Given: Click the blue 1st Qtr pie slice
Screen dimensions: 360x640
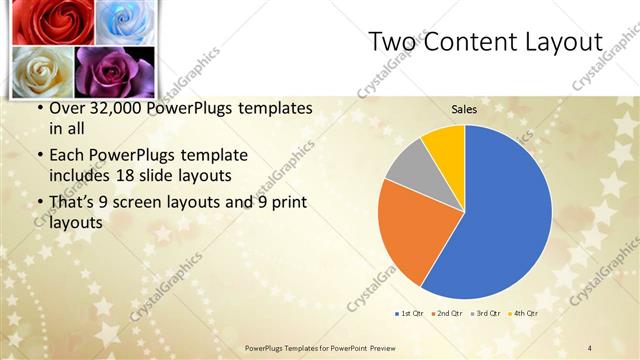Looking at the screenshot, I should coord(500,220).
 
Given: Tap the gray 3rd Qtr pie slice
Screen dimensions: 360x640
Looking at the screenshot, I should coord(407,165).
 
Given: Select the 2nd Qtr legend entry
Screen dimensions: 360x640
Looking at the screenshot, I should coord(446,314).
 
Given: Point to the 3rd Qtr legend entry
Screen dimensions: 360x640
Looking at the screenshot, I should coord(485,314).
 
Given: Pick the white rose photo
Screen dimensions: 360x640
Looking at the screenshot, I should coord(42,70).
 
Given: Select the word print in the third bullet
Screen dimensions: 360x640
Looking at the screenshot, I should coord(287,203).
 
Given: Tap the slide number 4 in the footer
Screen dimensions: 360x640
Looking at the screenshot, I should coord(590,347).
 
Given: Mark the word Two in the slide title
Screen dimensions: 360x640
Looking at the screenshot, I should coord(391,42).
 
